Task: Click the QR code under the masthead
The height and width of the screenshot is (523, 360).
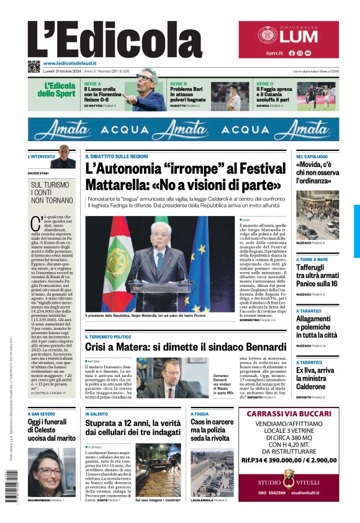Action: pyautogui.click(x=34, y=66)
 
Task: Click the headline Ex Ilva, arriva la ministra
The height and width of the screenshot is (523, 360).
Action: pyautogui.click(x=316, y=378)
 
